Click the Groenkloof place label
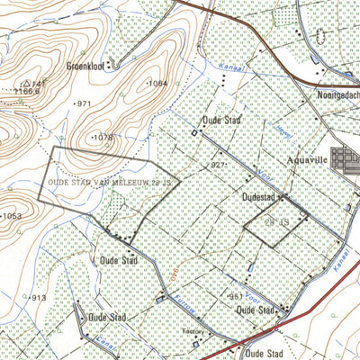(x=88, y=66)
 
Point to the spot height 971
(x=84, y=104)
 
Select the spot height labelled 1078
(x=103, y=137)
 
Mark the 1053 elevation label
(x=11, y=216)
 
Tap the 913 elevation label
(x=37, y=298)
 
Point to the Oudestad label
(x=257, y=193)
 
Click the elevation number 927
(x=219, y=166)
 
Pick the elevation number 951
(x=235, y=296)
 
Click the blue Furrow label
(x=186, y=306)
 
